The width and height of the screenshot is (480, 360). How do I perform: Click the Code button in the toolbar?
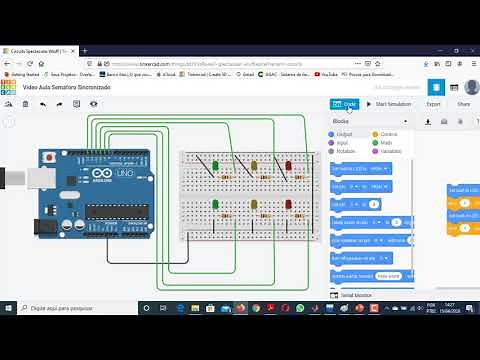pos(343,104)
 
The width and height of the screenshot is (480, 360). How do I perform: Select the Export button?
pos(433,104)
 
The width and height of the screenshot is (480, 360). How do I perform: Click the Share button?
pos(463,104)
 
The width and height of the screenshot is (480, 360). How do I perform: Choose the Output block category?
pos(343,133)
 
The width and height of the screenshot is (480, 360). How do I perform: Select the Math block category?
pos(385,142)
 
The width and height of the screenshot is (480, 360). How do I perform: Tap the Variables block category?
pos(390,151)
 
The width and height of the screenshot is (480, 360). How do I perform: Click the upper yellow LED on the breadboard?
pos(254,166)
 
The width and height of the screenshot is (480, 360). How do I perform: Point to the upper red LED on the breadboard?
pos(288,166)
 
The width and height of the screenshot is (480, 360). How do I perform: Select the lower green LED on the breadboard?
pos(217,205)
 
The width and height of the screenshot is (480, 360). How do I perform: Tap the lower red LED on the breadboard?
pos(288,205)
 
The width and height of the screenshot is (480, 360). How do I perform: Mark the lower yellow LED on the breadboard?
pos(254,205)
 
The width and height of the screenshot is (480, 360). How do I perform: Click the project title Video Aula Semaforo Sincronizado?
pos(66,88)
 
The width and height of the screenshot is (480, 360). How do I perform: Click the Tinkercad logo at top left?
pos(8,88)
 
